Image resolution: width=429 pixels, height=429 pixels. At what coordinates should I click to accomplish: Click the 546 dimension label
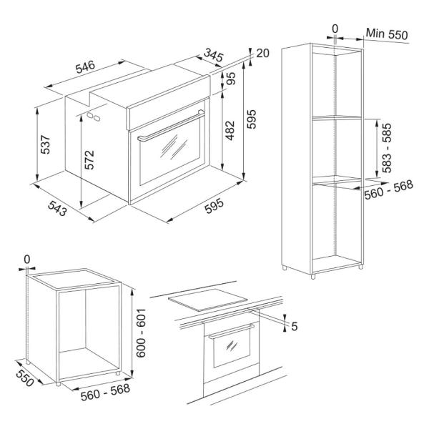click(85, 66)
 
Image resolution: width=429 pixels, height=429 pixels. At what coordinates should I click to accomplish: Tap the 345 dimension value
click(214, 55)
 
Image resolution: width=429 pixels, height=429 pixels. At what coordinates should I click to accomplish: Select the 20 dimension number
click(262, 53)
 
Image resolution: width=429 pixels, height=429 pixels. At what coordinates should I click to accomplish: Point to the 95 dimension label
click(231, 79)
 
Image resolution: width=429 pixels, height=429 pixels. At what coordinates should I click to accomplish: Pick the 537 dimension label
click(45, 144)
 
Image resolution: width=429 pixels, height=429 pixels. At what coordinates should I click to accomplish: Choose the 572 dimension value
click(89, 159)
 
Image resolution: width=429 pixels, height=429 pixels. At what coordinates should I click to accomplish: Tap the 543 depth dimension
click(57, 208)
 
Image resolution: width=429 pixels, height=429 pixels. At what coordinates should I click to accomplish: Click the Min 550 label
click(387, 34)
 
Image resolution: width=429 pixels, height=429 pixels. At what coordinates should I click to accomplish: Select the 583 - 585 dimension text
click(387, 148)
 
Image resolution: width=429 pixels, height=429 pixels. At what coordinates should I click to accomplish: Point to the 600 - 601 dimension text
click(141, 333)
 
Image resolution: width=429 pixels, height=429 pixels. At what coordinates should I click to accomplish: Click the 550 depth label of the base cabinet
click(24, 378)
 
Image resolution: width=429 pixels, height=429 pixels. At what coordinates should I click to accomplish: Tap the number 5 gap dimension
click(294, 326)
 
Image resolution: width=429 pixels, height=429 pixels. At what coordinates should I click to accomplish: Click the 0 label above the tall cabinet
click(335, 29)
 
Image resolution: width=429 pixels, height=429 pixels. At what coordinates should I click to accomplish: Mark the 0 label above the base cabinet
click(27, 260)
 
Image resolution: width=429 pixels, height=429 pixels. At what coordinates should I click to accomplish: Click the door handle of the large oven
click(171, 126)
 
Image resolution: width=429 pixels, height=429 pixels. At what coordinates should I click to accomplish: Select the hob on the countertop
click(207, 300)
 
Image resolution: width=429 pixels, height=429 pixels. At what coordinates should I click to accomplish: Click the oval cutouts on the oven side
click(94, 117)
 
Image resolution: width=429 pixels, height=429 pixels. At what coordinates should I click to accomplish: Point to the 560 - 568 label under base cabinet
click(105, 392)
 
